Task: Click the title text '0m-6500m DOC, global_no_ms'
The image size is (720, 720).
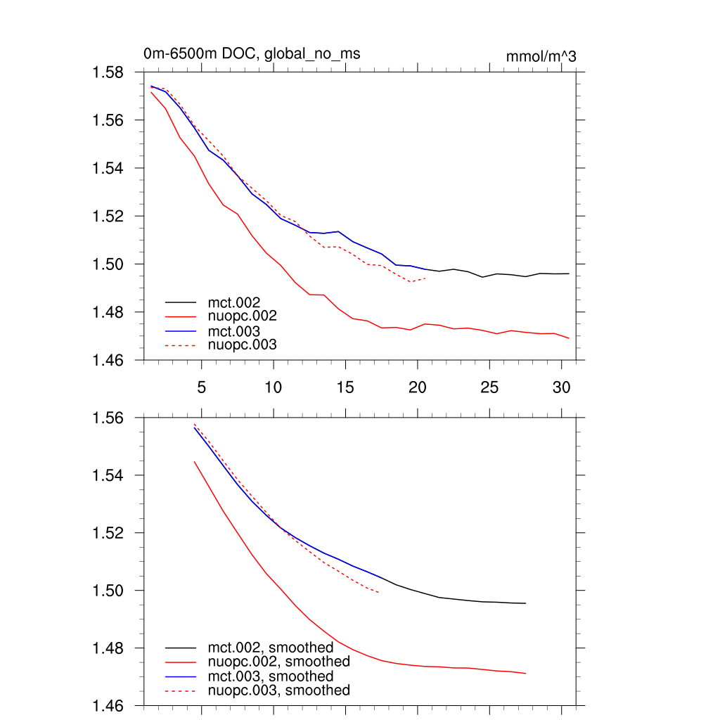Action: coord(252,53)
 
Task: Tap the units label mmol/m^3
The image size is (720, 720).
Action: coord(541,57)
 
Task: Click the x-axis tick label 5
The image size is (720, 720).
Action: coord(201,387)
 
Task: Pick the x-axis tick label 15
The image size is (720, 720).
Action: coord(345,387)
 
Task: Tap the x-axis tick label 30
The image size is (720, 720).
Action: coord(561,387)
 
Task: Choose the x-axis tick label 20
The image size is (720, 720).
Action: coord(418,387)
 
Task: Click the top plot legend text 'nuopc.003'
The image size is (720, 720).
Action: coord(243,345)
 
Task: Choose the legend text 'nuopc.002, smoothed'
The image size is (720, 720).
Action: coord(278,662)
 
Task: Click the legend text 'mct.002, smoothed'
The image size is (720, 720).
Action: coord(270,648)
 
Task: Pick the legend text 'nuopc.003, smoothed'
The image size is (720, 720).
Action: coord(278,690)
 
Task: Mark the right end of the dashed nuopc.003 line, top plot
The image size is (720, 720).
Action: coord(425,278)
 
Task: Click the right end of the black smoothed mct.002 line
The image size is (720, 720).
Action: coord(525,603)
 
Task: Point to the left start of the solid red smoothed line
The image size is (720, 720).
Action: coord(194,462)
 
